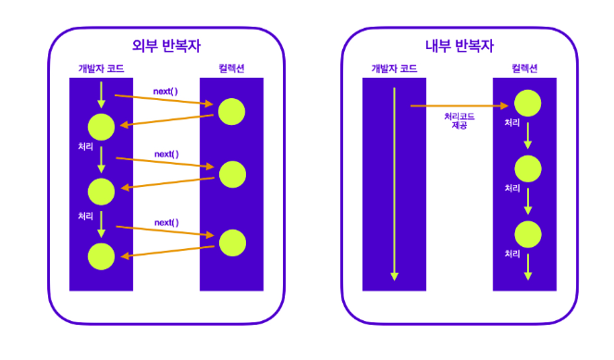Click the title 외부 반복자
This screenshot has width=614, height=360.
[x=166, y=46]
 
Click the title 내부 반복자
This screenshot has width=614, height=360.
[x=460, y=46]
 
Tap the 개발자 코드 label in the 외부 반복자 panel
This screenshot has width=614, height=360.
[x=101, y=68]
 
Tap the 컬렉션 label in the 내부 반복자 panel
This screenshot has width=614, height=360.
[x=524, y=68]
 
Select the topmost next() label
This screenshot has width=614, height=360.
[x=166, y=92]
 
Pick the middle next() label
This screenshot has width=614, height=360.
[x=166, y=154]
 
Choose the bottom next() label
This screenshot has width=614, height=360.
[x=166, y=222]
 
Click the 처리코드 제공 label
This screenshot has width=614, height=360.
[x=460, y=120]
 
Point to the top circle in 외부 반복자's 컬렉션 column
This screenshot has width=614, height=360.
[x=231, y=112]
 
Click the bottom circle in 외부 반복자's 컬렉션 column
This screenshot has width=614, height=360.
[x=232, y=242]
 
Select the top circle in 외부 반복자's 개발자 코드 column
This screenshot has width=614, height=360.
[x=101, y=127]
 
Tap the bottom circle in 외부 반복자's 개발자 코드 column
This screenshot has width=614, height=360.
[x=101, y=256]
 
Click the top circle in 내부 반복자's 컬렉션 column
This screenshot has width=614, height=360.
[x=527, y=103]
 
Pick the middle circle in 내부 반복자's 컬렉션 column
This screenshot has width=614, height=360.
[x=528, y=168]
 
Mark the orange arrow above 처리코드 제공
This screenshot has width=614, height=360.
[x=460, y=106]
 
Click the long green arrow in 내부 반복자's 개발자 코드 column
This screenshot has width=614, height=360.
[x=394, y=184]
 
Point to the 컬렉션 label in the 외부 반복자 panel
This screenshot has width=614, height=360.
[x=231, y=68]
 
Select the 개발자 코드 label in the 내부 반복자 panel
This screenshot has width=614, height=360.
[x=394, y=68]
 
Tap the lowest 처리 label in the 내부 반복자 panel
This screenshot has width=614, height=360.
[x=511, y=254]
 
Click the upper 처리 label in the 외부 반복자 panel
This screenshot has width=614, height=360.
[x=85, y=146]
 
